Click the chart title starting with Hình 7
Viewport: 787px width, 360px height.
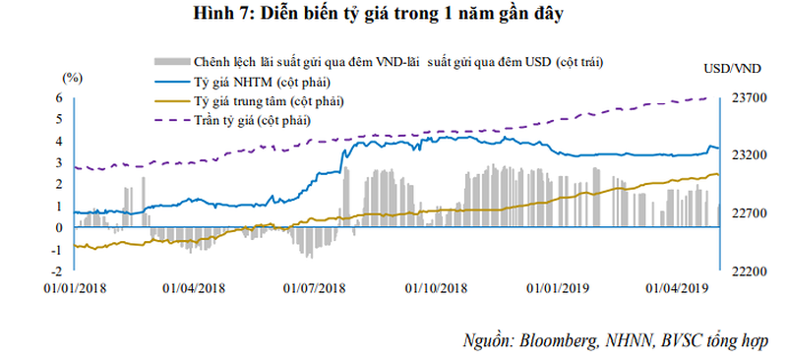click(393, 14)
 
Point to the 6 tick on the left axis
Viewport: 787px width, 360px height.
click(60, 97)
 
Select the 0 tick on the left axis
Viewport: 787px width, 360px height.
click(60, 227)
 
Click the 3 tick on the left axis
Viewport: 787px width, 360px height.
click(60, 162)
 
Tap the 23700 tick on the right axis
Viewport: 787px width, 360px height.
click(750, 97)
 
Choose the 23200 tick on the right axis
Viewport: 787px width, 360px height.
click(750, 154)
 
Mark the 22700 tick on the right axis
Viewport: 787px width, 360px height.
click(750, 212)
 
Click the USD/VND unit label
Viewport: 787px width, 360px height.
click(734, 68)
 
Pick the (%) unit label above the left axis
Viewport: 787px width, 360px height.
click(72, 77)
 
